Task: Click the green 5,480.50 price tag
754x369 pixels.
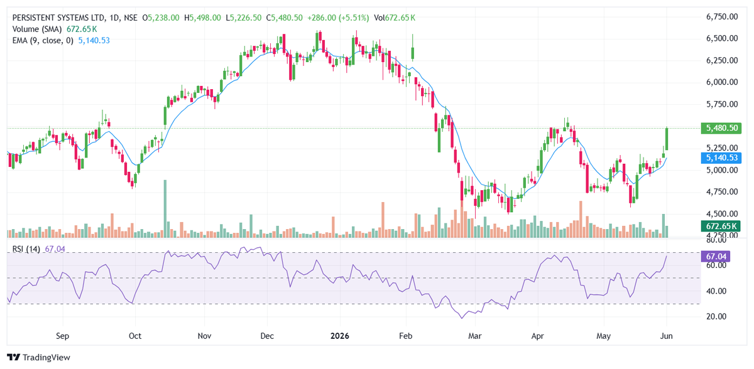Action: [x=721, y=128]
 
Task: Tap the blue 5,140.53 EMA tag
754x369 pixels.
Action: [x=721, y=158]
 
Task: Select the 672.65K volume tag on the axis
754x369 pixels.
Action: [x=721, y=226]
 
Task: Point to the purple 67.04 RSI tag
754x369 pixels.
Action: [x=715, y=257]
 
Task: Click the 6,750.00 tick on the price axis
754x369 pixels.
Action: [x=722, y=17]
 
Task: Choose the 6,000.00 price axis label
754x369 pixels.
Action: [x=722, y=82]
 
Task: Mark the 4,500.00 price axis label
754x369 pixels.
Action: [x=722, y=214]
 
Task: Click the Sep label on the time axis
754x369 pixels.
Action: [x=63, y=336]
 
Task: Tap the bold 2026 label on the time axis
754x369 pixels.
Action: [x=340, y=336]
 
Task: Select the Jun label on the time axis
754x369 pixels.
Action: [x=667, y=336]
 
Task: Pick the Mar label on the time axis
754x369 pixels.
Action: [x=475, y=336]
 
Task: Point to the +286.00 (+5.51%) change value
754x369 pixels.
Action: [x=338, y=18]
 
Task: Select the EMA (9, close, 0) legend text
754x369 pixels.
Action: [x=43, y=41]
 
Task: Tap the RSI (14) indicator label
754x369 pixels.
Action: [x=26, y=249]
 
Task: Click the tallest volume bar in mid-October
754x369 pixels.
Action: [x=165, y=209]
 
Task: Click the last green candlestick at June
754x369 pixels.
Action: [x=667, y=139]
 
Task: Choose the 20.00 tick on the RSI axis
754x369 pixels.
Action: [x=717, y=316]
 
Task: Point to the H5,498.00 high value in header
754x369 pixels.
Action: [x=202, y=18]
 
